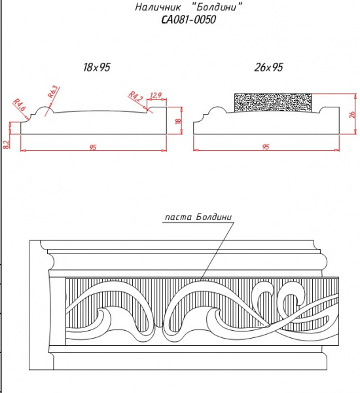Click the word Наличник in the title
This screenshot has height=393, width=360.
[158, 7]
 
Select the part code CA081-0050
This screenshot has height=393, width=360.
[189, 20]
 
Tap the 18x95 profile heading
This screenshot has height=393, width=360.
[97, 67]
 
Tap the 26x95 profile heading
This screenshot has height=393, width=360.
[268, 67]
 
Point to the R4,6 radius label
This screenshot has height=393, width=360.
[19, 105]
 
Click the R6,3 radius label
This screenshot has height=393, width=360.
[53, 92]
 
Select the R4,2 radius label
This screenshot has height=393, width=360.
[135, 96]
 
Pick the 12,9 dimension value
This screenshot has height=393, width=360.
[156, 95]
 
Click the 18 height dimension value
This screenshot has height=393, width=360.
[178, 121]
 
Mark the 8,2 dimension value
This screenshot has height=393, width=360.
[7, 145]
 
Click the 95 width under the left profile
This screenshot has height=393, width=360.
[93, 147]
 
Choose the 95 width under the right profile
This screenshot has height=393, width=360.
[266, 147]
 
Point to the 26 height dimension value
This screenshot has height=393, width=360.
[352, 114]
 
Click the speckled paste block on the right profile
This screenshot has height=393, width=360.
[273, 103]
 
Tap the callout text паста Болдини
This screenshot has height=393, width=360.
[198, 217]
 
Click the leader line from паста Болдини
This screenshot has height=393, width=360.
[217, 250]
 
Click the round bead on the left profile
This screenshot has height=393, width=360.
[45, 108]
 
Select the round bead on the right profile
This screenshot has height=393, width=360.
[217, 108]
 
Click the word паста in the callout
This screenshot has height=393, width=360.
[179, 217]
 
